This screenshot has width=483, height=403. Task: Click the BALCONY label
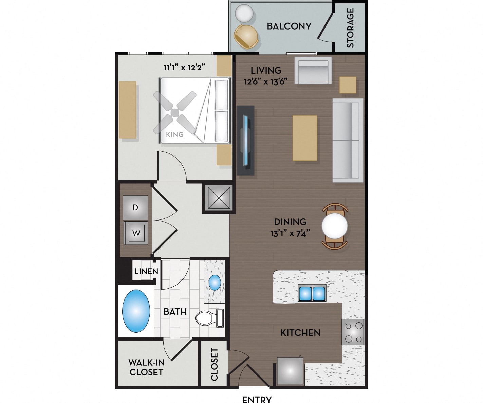click(289, 26)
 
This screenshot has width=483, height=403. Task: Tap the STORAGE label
click(350, 28)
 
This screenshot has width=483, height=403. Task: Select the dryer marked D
click(135, 207)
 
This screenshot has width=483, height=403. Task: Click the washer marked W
click(136, 233)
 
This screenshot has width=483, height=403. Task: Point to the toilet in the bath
click(209, 318)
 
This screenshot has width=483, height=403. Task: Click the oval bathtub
click(136, 311)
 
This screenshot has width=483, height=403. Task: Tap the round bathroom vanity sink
click(215, 282)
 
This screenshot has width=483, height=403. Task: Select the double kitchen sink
click(312, 293)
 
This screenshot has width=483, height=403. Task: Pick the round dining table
click(334, 226)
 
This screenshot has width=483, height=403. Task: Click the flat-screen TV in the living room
click(245, 140)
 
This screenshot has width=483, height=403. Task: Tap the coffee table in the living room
click(305, 138)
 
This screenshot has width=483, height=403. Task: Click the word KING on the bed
click(175, 134)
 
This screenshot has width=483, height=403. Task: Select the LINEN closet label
click(146, 271)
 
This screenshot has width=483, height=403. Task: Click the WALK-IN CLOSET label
click(146, 367)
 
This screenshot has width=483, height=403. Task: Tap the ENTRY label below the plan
click(257, 400)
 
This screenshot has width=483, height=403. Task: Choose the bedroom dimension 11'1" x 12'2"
click(185, 68)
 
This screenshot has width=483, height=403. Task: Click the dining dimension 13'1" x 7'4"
click(290, 233)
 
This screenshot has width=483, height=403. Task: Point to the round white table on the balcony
click(244, 13)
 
